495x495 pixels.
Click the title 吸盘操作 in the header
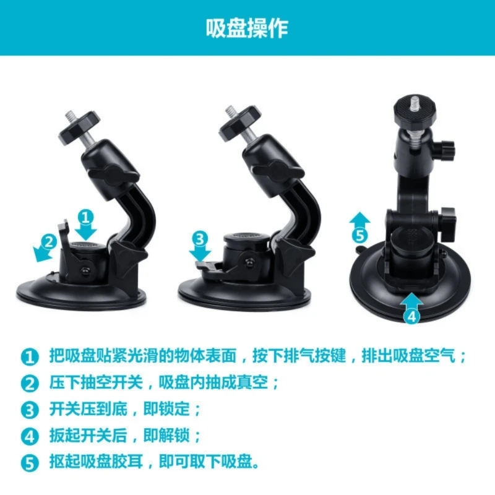pyautogui.click(x=247, y=28)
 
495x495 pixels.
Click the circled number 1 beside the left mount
pyautogui.click(x=87, y=217)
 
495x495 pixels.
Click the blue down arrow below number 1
pyautogui.click(x=87, y=231)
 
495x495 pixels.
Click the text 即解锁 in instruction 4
pyautogui.click(x=164, y=436)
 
